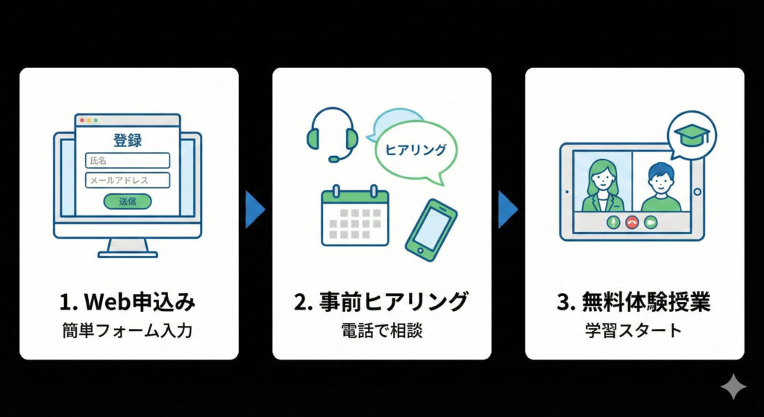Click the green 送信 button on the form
(x=128, y=201)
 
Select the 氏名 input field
(x=128, y=160)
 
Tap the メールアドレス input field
(x=128, y=180)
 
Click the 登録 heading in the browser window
(x=128, y=139)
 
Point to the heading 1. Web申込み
(x=128, y=302)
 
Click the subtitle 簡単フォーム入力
(x=128, y=330)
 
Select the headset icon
(x=332, y=134)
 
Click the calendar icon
(x=354, y=216)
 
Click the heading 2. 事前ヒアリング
(x=381, y=302)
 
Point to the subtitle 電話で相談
(x=381, y=330)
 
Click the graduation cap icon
(x=691, y=135)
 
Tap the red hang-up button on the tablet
(x=631, y=222)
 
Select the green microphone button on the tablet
(x=613, y=222)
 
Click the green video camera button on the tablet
(x=650, y=222)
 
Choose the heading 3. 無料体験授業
(x=634, y=302)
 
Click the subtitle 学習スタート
(x=634, y=330)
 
